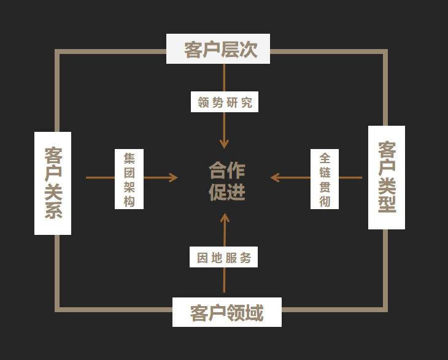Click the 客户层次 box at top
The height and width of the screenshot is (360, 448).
(218, 48)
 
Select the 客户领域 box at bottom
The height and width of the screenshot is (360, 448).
(226, 312)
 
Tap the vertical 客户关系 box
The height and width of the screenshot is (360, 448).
(53, 183)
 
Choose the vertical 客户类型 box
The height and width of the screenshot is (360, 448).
(387, 177)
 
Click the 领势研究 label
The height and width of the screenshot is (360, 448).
(225, 102)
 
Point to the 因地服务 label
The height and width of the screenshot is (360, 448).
(223, 258)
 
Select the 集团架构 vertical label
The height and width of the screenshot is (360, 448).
(129, 179)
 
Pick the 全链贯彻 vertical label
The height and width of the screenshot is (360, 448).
(325, 179)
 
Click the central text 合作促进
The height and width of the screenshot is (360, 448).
(226, 181)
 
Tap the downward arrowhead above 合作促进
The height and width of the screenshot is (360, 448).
(224, 144)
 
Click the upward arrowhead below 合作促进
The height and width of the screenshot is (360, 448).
(224, 218)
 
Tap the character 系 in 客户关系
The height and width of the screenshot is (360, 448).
(53, 210)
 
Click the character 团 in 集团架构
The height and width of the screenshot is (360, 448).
(129, 172)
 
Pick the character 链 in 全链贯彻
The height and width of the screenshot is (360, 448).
(325, 172)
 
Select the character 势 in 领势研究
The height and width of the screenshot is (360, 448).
(217, 102)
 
